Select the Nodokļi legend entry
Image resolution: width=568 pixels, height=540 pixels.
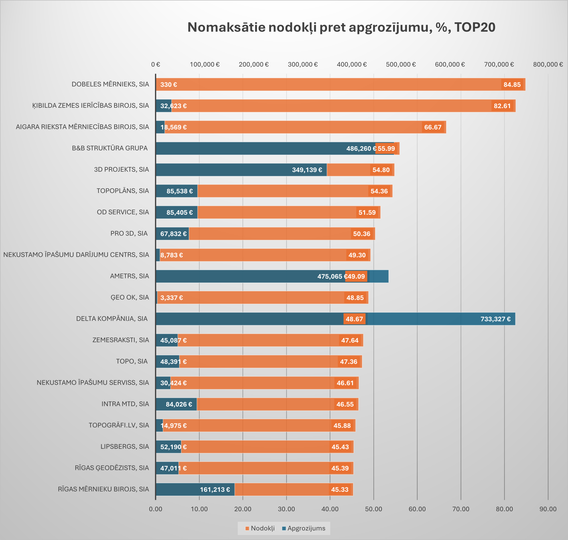tap(260, 528)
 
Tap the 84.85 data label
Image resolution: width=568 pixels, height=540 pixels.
tap(512, 85)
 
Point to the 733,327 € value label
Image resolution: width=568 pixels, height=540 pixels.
tap(495, 319)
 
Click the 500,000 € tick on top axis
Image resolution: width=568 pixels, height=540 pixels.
tap(401, 64)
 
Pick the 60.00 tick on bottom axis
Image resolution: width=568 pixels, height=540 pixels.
tap(417, 509)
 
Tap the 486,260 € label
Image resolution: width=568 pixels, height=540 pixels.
tap(361, 149)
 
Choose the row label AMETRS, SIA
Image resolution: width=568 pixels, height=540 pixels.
tap(129, 276)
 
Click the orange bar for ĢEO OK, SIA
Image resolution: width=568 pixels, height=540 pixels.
tap(259, 298)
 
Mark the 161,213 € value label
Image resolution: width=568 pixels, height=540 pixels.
tap(215, 490)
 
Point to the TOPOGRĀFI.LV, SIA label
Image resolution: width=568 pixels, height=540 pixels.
tap(119, 425)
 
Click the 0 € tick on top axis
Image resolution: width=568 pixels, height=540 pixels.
tap(156, 64)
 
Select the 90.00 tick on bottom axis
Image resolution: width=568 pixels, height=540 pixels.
tap(548, 509)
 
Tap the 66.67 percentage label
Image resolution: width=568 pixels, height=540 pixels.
tap(432, 127)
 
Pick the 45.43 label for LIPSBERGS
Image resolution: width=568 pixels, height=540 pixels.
tap(340, 447)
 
